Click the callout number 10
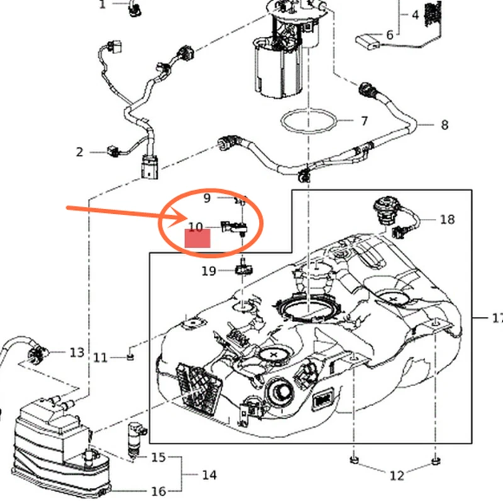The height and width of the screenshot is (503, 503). [196, 227]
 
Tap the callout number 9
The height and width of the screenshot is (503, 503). [207, 198]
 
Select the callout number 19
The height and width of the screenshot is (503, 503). [209, 271]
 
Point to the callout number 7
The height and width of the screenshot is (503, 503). [364, 121]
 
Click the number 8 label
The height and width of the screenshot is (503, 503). [445, 124]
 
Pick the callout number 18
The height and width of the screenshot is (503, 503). [447, 219]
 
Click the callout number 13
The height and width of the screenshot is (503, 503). [77, 353]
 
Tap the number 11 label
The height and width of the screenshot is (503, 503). [101, 358]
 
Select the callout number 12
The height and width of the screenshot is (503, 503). [396, 476]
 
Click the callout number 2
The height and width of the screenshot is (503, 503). [80, 152]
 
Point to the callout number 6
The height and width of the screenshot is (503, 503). [389, 35]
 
